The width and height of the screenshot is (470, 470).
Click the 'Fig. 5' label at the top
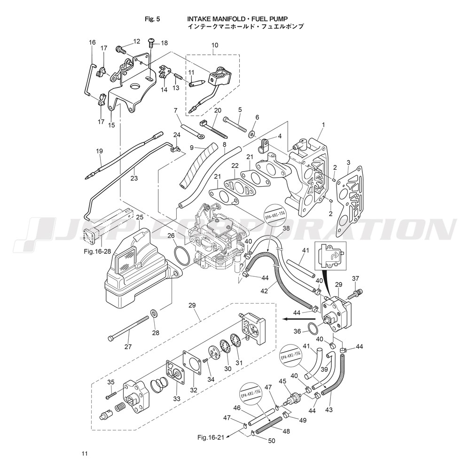click(x=153, y=19)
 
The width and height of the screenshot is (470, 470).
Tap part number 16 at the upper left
click(x=92, y=43)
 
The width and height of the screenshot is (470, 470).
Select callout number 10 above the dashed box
click(x=215, y=45)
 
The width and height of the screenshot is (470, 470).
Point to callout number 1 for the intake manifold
click(x=323, y=125)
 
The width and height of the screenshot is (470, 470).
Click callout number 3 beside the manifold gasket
click(x=348, y=163)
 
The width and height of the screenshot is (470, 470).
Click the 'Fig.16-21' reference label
click(x=210, y=438)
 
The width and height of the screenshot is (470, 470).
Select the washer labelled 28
click(x=154, y=313)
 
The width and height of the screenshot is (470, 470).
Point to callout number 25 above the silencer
click(x=140, y=217)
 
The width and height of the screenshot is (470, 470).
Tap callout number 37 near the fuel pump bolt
click(x=355, y=278)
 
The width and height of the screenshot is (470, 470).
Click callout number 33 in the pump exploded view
click(x=177, y=399)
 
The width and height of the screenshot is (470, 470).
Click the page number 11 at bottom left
click(x=84, y=454)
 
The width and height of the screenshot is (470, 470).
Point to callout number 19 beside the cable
click(x=99, y=151)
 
